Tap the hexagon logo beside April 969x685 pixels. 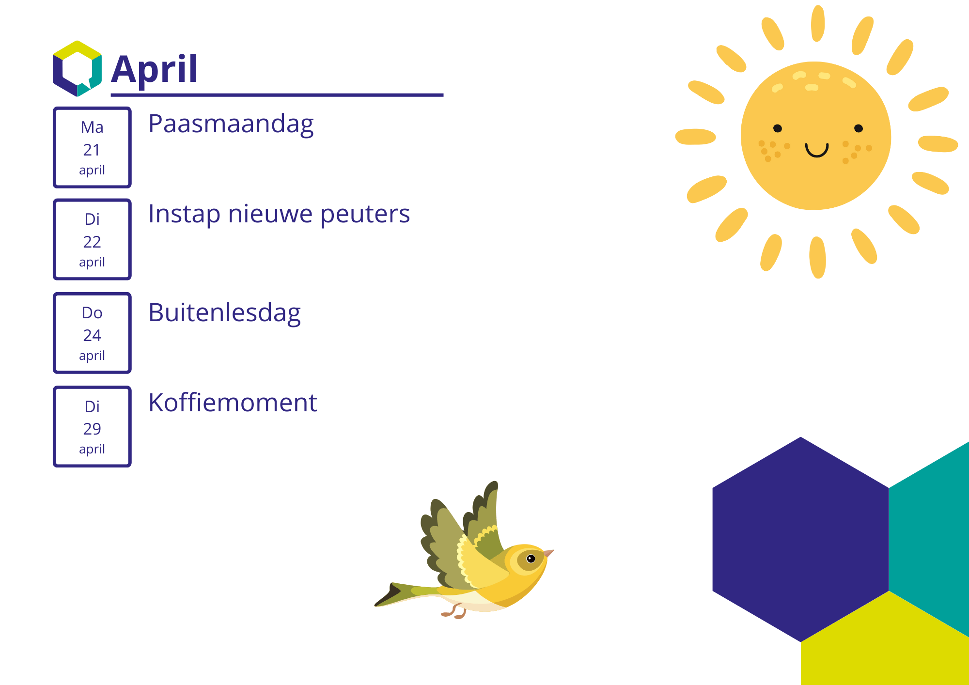point(77,68)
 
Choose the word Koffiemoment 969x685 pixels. point(233,403)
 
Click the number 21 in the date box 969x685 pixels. point(92,150)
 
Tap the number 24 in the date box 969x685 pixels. point(92,335)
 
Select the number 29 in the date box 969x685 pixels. point(92,429)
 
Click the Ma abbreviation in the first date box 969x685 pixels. point(92,127)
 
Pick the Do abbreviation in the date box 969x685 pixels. point(92,313)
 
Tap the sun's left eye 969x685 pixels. point(778,128)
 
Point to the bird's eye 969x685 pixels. point(531,559)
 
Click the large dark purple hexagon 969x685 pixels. point(801,539)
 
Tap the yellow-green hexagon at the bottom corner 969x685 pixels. point(885,639)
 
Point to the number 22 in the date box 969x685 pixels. point(92,242)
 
